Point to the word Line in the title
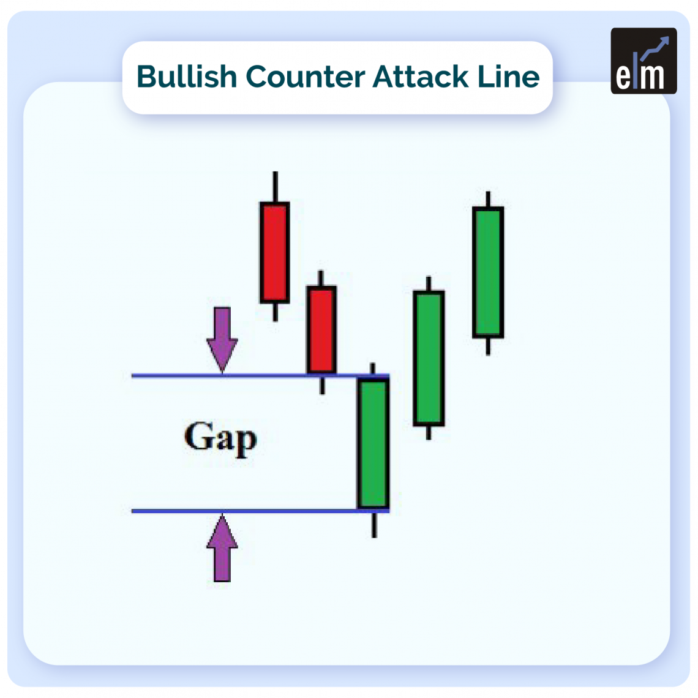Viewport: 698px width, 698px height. click(x=509, y=77)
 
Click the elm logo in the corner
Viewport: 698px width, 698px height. click(x=644, y=61)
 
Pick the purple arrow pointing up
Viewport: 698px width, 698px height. click(x=222, y=548)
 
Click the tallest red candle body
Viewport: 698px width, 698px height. click(x=274, y=252)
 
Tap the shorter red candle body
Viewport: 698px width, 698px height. click(x=321, y=329)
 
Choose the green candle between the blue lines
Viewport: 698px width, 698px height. click(x=373, y=444)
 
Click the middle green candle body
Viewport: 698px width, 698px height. click(x=429, y=358)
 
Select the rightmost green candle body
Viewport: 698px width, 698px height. click(x=488, y=272)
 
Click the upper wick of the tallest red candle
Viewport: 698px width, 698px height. click(x=275, y=187)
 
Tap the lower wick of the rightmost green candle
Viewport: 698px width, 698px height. click(x=488, y=346)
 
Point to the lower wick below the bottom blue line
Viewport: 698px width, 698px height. click(x=373, y=525)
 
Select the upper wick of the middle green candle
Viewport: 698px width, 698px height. click(x=429, y=283)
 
